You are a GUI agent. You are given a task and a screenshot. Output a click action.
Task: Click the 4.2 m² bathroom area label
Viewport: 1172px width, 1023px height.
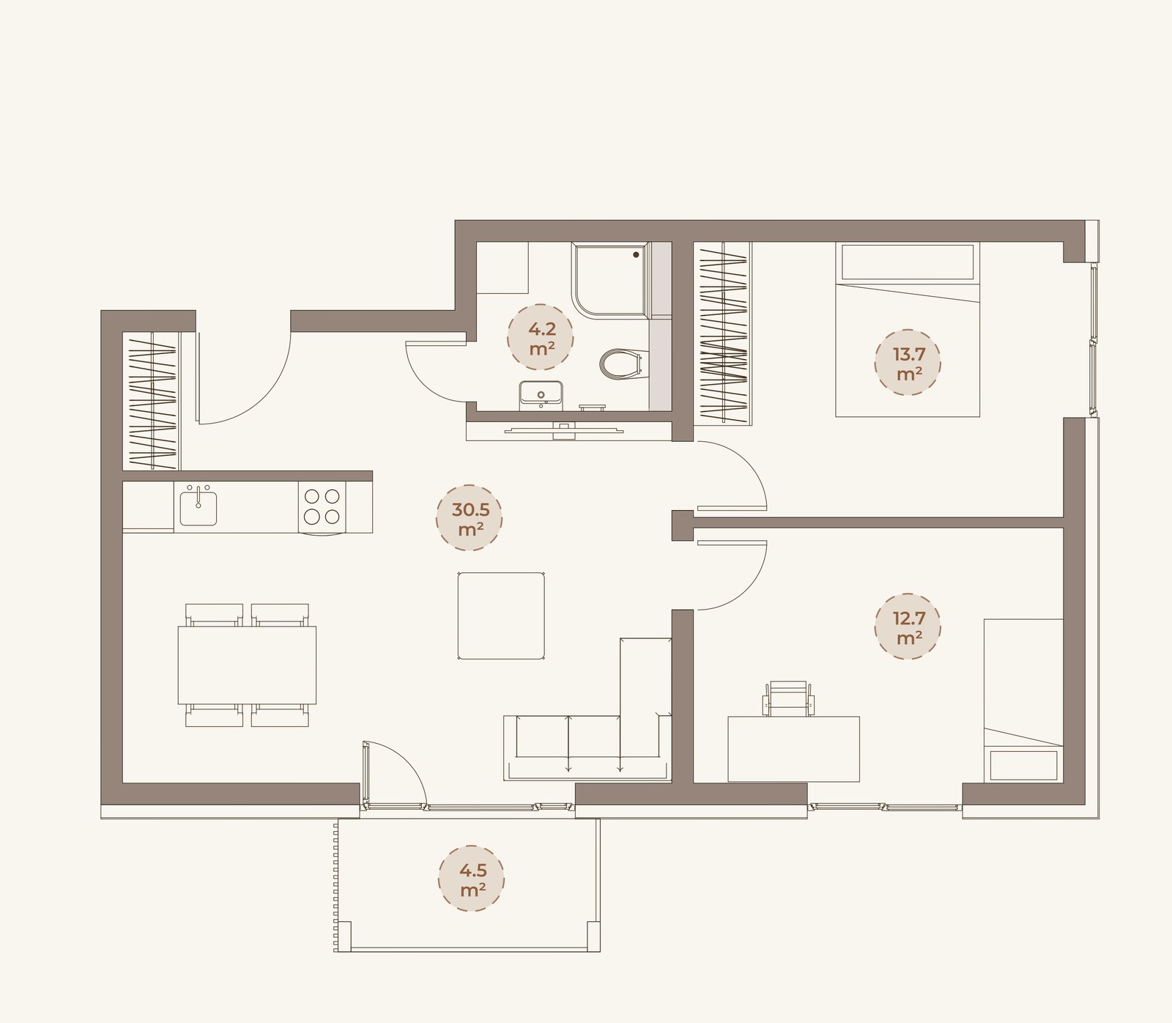coord(541,338)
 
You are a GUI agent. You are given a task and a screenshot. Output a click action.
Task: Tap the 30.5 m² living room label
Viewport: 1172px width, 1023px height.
coord(470,517)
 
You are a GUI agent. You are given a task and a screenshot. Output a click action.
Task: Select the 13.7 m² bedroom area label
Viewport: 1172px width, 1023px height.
coord(908,363)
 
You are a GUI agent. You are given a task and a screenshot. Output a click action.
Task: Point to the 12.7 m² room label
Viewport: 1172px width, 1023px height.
coord(908,627)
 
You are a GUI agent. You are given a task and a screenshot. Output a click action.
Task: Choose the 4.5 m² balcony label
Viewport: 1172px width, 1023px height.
coord(472,879)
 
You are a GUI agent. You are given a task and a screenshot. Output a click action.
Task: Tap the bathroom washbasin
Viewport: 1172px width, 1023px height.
coord(541,395)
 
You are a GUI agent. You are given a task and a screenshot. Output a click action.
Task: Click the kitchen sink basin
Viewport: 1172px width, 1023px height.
coord(199,507)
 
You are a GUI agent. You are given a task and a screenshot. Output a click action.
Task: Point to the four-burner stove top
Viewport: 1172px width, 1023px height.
coord(322,506)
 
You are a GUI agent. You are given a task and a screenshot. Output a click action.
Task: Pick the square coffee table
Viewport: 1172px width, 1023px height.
coord(501,616)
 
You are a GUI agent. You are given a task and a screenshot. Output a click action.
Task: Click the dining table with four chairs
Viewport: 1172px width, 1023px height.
coord(248,665)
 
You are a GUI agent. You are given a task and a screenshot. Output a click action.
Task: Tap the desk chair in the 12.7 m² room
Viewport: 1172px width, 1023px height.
coord(788,698)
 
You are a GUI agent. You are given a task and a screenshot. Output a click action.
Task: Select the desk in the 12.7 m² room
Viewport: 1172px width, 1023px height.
coord(794,749)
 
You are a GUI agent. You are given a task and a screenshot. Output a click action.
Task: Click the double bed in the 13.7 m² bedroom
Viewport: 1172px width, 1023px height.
coord(908,330)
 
